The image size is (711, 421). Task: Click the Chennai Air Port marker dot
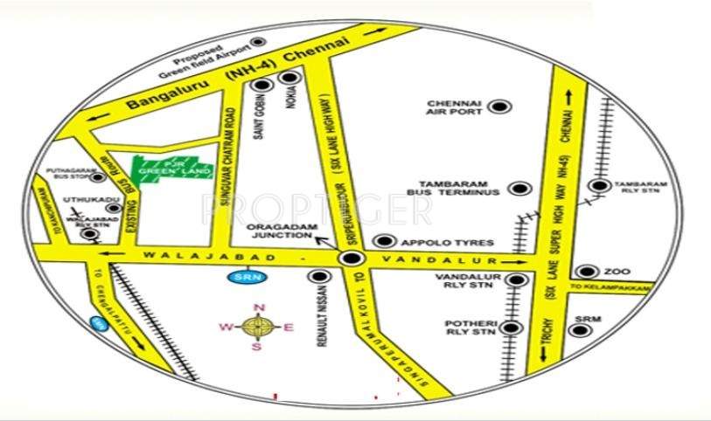[499, 107]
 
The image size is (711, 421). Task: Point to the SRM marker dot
[576, 329]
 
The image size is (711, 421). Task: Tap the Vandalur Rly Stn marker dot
[518, 280]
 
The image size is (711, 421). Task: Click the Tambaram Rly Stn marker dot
[599, 185]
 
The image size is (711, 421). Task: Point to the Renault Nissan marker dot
[317, 276]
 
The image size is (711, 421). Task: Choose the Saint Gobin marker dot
[262, 86]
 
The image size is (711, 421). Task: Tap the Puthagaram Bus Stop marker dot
[99, 177]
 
